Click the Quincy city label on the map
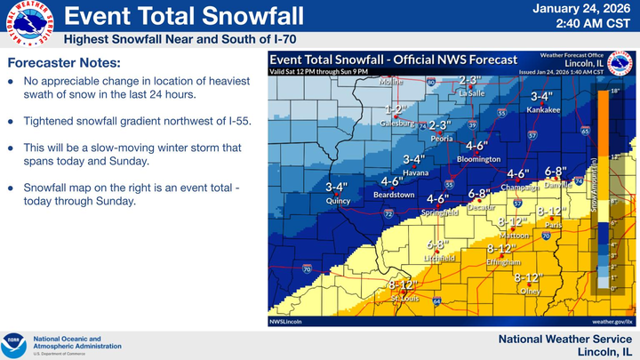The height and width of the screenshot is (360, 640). coord(337,201)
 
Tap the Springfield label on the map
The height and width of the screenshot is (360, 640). coord(441,212)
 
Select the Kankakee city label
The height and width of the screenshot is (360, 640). coord(542,109)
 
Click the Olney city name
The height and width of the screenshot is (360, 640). coord(531,291)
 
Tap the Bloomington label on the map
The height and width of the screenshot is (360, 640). coord(478,159)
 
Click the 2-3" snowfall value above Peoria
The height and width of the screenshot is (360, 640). coord(441,125)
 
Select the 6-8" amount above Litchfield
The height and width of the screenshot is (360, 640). coord(436,244)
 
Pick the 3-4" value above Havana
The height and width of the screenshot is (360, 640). coord(414,159)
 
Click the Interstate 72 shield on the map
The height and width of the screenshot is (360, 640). coord(388,214)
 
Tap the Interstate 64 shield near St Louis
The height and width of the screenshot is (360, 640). coord(437,302)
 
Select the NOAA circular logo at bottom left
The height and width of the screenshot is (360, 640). coord(16,342)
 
